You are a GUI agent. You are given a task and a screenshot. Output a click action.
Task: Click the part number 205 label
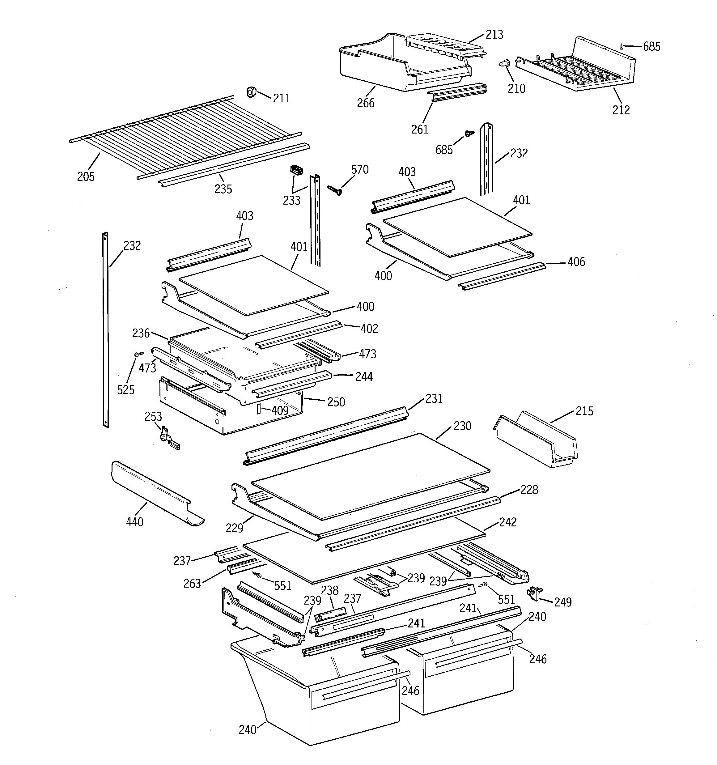click(x=85, y=176)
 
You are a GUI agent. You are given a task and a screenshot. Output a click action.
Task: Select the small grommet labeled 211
click(x=251, y=92)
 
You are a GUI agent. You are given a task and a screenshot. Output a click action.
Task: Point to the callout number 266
click(x=365, y=103)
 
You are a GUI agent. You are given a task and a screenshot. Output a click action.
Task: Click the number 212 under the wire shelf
click(x=621, y=110)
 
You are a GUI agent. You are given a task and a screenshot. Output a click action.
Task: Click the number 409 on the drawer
click(x=280, y=410)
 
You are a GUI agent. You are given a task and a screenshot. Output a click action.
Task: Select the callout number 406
click(x=576, y=262)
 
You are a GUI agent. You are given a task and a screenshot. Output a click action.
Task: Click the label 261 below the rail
click(x=419, y=130)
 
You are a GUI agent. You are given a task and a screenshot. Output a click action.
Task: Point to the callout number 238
click(x=329, y=590)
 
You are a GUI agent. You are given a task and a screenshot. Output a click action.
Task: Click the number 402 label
click(x=369, y=329)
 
